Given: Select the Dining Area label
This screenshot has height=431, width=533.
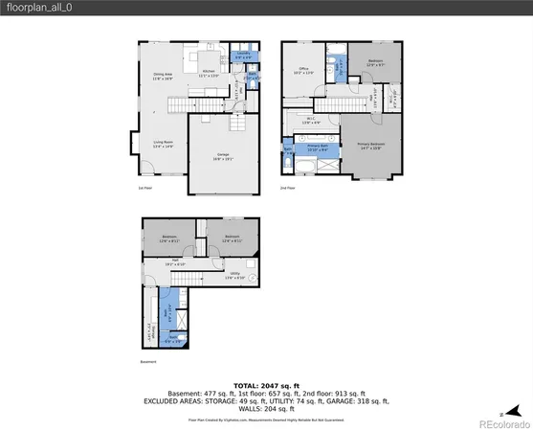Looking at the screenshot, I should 163,77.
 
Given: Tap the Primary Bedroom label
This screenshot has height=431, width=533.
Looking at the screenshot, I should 370,146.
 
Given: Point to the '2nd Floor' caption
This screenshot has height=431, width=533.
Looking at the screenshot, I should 287,188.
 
